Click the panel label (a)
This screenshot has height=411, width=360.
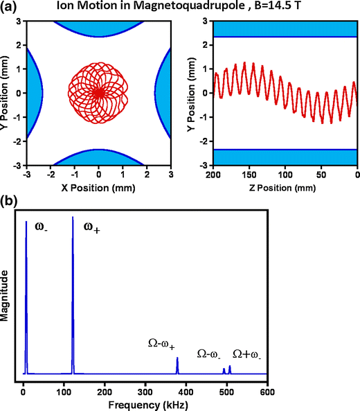coord(12,7)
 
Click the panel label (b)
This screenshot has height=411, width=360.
coord(12,203)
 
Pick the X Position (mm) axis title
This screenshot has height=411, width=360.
coord(98,189)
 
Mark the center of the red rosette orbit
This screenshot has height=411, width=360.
coord(98,92)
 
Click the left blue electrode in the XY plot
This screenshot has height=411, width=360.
coord(35,92)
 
